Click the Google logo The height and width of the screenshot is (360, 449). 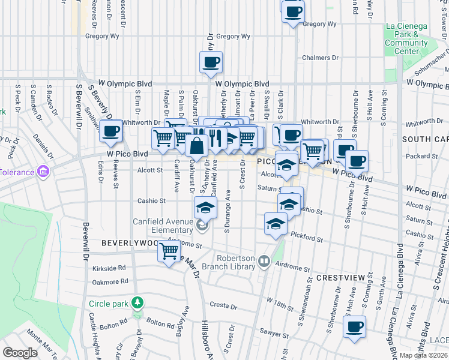tap(20, 353)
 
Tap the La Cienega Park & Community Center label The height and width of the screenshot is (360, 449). tap(406, 39)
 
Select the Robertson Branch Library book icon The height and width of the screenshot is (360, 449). tap(264, 262)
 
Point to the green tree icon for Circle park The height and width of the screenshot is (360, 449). tap(138, 302)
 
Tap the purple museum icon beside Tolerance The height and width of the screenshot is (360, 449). tap(43, 172)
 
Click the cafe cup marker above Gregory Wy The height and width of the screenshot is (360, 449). tap(293, 11)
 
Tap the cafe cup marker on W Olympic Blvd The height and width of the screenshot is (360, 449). tap(211, 62)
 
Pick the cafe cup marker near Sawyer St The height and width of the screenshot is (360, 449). tap(354, 327)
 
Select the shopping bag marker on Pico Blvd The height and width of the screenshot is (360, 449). tap(197, 145)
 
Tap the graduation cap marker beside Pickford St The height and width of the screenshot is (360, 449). tap(276, 224)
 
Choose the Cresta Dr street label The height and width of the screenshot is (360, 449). tap(223, 305)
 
